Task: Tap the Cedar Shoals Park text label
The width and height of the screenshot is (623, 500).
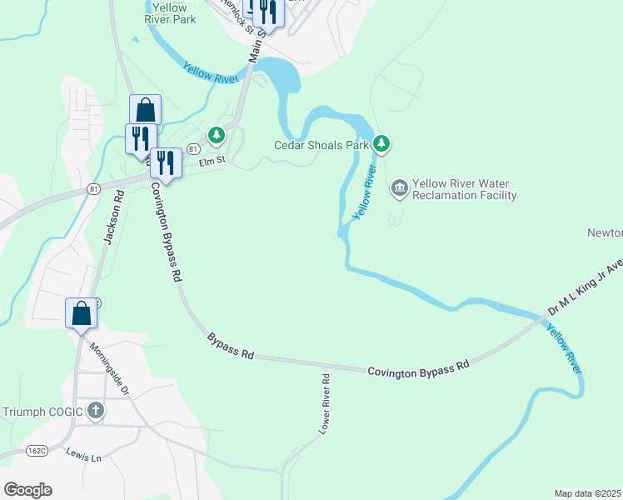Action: click(321, 145)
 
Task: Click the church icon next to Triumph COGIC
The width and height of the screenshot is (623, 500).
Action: click(96, 411)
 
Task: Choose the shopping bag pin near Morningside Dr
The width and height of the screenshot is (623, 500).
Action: click(82, 314)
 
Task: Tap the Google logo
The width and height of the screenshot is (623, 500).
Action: click(27, 489)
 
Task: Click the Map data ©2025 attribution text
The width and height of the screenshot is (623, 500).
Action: click(587, 493)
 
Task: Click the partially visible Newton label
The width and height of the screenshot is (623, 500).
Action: click(605, 232)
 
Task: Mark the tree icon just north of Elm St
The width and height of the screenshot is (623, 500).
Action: click(217, 134)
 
